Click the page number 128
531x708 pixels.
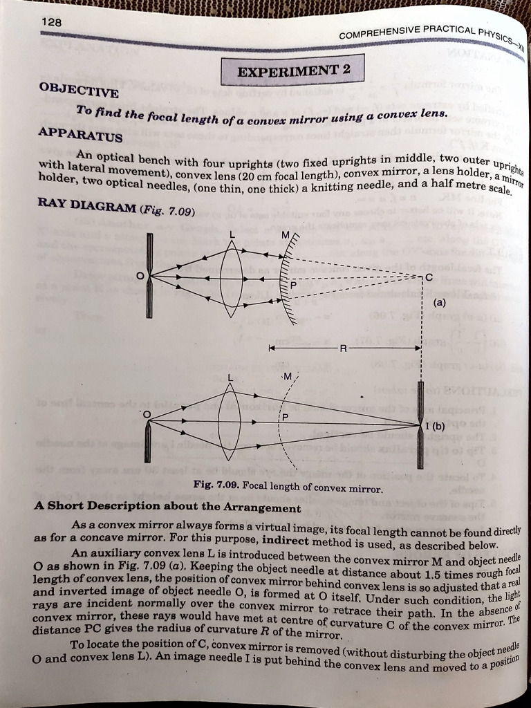(x=51, y=23)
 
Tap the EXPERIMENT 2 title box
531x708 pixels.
(x=292, y=69)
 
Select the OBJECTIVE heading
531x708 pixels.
(x=69, y=90)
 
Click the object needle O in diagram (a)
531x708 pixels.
(x=149, y=277)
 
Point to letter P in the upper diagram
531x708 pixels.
(x=293, y=285)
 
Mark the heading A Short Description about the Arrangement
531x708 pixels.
(x=167, y=507)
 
